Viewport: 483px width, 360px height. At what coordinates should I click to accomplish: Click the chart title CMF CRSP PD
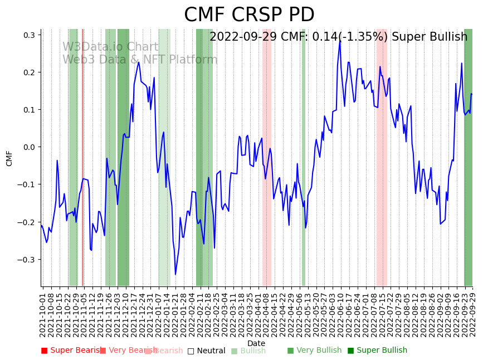[249, 15]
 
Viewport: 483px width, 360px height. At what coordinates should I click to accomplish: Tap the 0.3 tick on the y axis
[28, 35]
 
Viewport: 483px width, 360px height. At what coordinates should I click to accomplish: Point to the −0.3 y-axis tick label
[26, 260]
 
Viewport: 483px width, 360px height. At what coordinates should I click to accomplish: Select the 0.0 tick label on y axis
[28, 147]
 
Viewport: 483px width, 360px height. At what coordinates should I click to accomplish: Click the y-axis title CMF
[9, 158]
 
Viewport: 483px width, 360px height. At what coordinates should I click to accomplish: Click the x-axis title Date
[256, 343]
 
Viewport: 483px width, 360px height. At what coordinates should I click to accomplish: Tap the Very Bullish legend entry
[314, 351]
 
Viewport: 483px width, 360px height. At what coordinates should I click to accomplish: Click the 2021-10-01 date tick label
[43, 312]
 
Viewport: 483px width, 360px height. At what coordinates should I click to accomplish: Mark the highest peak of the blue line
[340, 40]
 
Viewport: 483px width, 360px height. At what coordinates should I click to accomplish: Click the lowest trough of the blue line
[175, 274]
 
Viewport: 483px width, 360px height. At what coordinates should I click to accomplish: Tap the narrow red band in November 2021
[82, 156]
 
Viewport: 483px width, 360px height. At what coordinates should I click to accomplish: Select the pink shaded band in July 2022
[381, 156]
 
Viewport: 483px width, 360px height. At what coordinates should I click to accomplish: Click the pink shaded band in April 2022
[267, 156]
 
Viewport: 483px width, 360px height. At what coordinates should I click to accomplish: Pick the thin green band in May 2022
[304, 156]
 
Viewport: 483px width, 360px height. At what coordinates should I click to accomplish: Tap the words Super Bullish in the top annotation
[430, 37]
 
